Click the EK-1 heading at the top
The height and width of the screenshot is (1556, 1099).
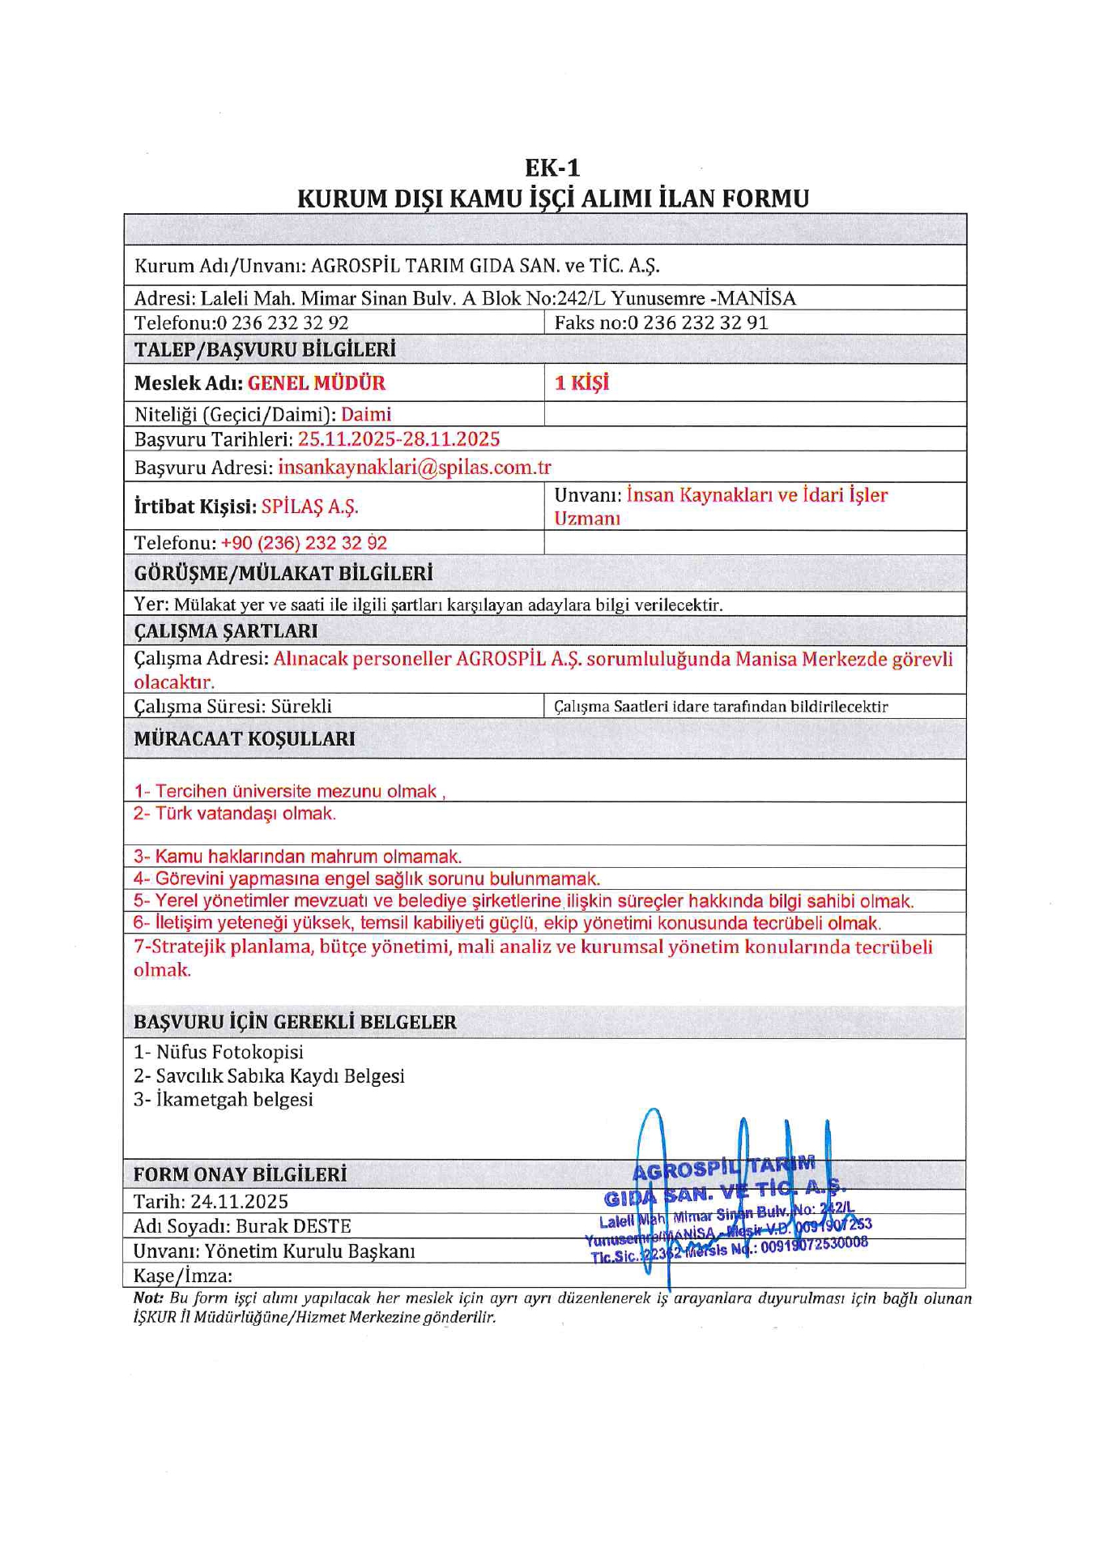point(552,168)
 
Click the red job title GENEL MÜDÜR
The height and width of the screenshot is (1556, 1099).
point(316,383)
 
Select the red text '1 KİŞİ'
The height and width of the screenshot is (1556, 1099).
point(581,383)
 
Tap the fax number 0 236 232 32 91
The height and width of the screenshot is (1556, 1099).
point(698,323)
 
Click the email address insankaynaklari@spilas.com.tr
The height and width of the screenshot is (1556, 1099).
point(414,468)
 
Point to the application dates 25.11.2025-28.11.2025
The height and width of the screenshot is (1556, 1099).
point(398,439)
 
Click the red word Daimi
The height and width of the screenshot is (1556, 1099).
point(365,415)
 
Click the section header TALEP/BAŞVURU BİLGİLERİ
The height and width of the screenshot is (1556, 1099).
point(265,350)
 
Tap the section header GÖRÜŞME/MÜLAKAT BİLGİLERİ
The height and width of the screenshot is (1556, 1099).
point(283,574)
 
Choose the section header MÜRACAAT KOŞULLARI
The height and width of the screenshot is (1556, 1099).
point(244,738)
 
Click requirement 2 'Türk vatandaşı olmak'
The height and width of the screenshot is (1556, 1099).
point(235,814)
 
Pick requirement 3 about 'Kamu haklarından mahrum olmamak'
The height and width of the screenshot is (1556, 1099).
point(298,857)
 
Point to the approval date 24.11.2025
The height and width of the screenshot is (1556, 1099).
point(240,1201)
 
